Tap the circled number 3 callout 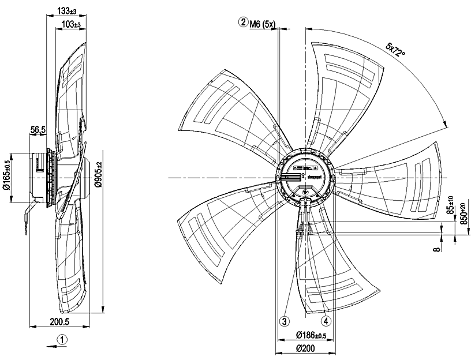pos(284,320)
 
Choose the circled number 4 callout pos(326,320)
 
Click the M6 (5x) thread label pos(264,23)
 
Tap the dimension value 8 pos(438,247)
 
